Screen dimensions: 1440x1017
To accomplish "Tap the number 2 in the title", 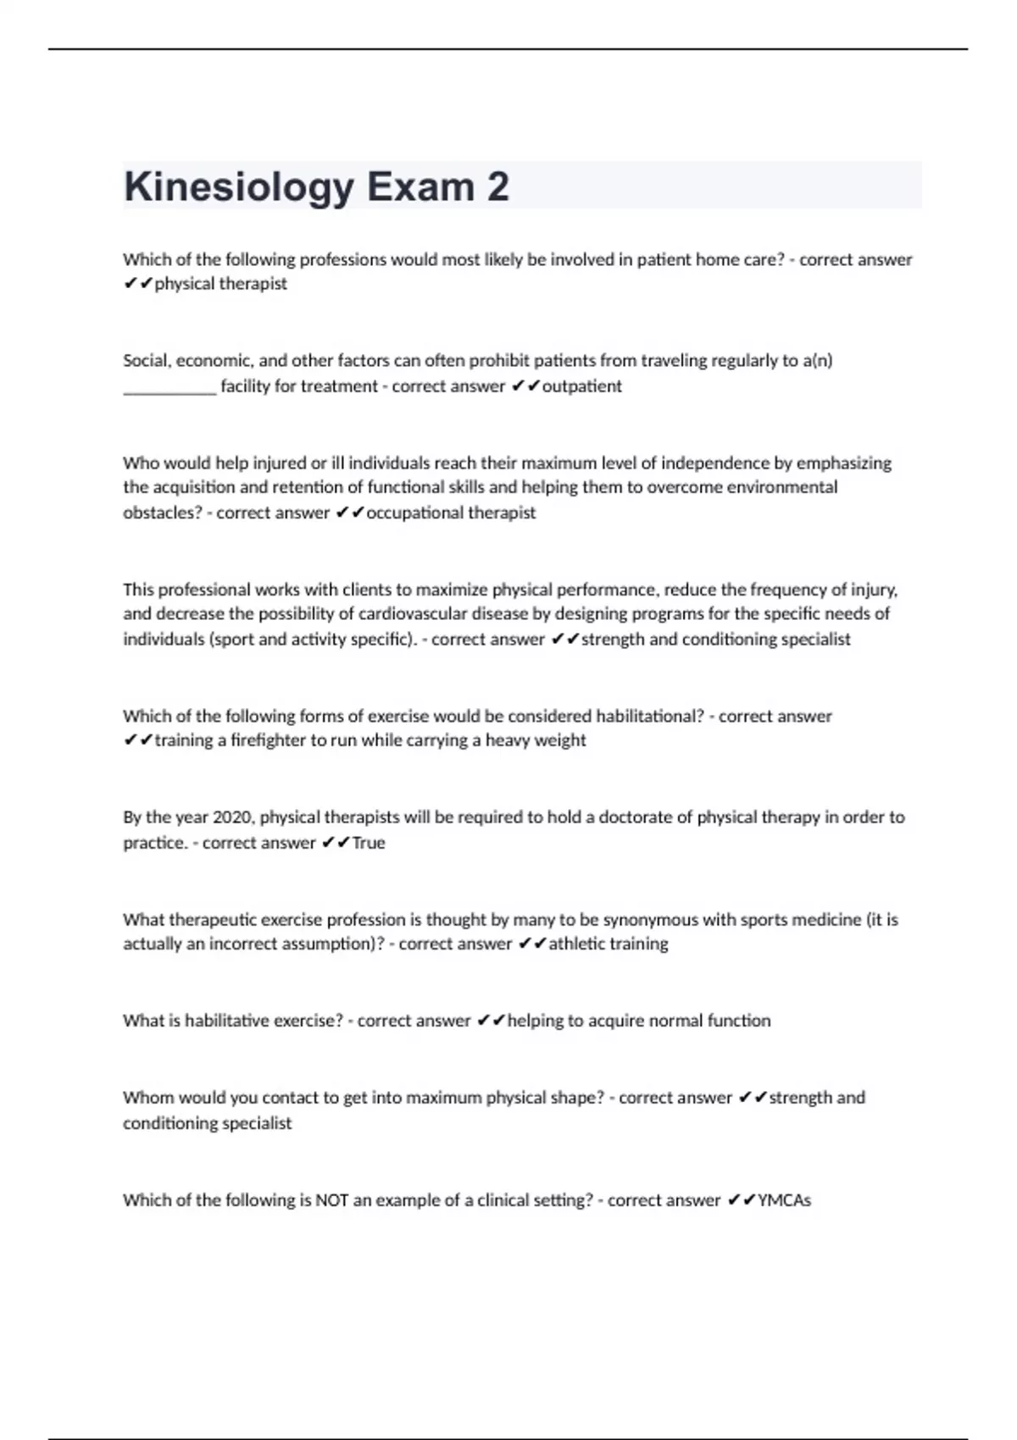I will [x=497, y=186].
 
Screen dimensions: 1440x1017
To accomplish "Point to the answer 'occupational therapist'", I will [x=451, y=512].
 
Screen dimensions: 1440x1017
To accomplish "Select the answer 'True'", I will [x=369, y=843].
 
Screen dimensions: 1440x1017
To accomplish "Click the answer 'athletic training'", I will [x=609, y=944].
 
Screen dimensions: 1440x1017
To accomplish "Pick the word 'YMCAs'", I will [x=785, y=1200].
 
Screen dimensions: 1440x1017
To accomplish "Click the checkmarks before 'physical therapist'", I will [x=137, y=285].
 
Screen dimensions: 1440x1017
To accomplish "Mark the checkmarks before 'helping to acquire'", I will [x=491, y=1022].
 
